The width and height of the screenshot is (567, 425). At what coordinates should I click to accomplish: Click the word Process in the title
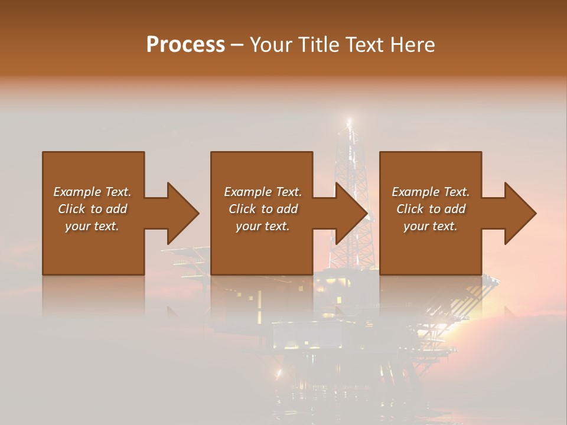(185, 45)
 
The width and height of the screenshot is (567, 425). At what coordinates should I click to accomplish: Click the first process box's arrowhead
(181, 213)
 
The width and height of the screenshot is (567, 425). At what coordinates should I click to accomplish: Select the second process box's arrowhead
(350, 213)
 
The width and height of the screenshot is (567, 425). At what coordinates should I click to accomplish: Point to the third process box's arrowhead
(519, 213)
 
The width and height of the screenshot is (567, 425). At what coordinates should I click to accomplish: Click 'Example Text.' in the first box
(93, 192)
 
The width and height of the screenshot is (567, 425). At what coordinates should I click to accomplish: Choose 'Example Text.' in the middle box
(263, 192)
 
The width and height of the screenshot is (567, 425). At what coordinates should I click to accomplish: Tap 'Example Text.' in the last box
(431, 192)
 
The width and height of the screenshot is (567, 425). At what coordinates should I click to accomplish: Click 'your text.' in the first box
(92, 226)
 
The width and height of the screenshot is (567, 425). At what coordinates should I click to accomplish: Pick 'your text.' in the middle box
(263, 226)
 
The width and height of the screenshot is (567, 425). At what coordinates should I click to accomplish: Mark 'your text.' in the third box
(431, 226)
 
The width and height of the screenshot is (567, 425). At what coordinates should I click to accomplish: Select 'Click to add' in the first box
(93, 209)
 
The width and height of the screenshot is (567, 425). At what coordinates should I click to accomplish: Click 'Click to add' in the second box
(263, 209)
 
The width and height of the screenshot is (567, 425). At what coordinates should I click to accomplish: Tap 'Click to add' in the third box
(431, 209)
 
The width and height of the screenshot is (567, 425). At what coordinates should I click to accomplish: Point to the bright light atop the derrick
(349, 122)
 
